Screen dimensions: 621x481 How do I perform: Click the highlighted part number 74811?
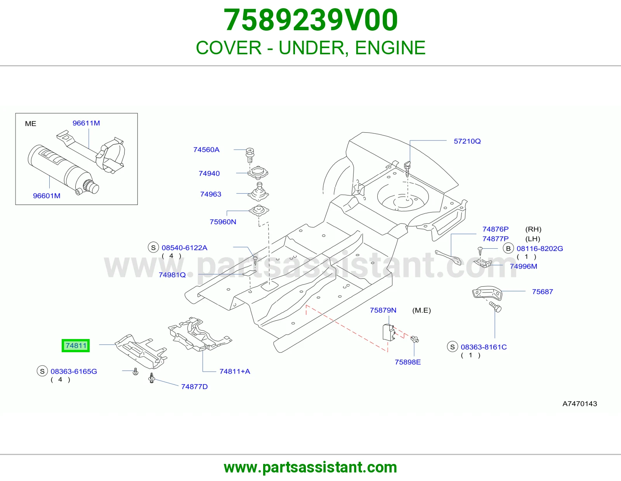pos(76,346)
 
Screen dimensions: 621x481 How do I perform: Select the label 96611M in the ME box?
pos(86,123)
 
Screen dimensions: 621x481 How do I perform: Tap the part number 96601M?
pos(47,196)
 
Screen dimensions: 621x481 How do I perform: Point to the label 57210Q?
pos(467,141)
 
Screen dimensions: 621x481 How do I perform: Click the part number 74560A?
pos(206,150)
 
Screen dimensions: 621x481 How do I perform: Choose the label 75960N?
pos(223,221)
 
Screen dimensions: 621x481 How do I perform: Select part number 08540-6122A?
pos(184,247)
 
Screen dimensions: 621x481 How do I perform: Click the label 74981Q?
pos(172,275)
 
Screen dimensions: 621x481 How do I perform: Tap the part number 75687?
pos(543,292)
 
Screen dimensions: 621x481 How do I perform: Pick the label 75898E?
pos(408,362)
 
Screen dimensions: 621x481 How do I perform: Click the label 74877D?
pos(194,386)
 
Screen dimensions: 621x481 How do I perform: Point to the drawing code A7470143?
pos(580,403)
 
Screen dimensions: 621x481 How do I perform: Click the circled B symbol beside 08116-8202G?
pos(508,249)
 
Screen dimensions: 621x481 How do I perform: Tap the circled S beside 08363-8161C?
pos(453,347)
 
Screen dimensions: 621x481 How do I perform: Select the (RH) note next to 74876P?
pos(533,229)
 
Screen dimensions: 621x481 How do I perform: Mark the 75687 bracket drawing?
pos(487,292)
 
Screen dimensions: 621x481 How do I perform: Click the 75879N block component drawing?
pos(389,332)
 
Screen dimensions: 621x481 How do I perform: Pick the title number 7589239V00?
pos(310,20)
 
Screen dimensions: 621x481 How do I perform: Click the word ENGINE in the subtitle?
pos(390,48)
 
